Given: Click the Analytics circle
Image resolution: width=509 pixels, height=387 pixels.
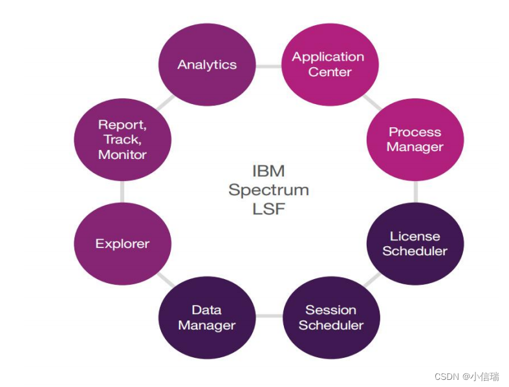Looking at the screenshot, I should point(207,65).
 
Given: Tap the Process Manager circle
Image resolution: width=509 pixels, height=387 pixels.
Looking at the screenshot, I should point(415,140).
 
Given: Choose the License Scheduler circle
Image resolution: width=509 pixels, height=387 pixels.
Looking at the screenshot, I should point(415,244).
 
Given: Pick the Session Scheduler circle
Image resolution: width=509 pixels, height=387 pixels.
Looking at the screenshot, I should point(330,317).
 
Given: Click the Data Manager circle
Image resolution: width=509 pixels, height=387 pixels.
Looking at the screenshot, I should point(207,317).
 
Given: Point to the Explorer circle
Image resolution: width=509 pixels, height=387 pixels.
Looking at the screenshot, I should point(123,244).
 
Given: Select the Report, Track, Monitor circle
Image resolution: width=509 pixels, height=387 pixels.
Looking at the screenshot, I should point(123,140).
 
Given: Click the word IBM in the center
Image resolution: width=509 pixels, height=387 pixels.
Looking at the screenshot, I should point(268,172).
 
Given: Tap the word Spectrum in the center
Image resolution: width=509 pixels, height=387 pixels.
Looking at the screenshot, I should point(268,191).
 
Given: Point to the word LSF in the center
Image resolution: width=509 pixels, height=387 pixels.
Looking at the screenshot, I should point(268,209).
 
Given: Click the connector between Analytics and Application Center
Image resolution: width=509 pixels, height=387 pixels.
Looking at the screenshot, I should point(268,66).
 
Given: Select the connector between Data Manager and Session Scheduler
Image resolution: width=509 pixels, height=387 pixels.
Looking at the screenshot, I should point(268,317).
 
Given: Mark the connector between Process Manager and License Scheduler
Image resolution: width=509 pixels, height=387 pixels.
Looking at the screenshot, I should point(415,191).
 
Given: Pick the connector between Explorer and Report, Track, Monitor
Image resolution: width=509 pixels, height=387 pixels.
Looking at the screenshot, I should point(122,192).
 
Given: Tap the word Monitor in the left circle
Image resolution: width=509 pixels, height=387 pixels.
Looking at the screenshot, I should point(123,155).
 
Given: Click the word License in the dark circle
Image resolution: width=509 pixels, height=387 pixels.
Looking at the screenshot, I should point(415,236).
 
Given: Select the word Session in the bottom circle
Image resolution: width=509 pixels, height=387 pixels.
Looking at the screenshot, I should point(330,310).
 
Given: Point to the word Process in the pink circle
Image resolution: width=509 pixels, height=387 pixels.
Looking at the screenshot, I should point(415,132).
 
